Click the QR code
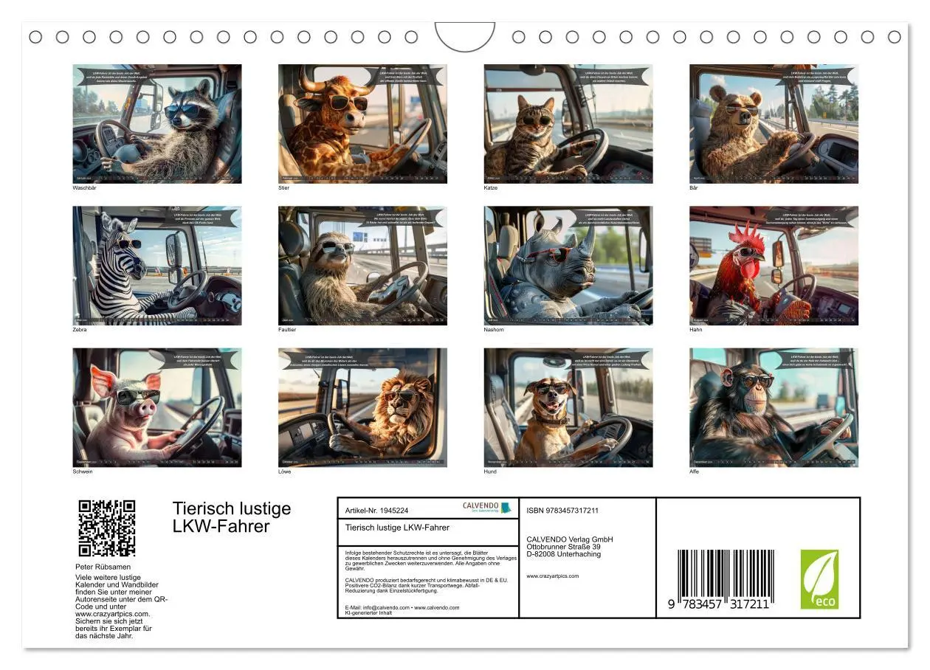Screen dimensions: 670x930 (107, 528)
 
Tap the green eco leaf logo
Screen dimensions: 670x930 (819, 579)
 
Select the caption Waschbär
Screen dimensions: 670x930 (84, 188)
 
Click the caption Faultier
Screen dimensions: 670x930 (287, 330)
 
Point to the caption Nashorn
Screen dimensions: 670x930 (494, 330)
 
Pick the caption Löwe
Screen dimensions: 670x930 (284, 472)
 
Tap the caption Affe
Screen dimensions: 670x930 (694, 472)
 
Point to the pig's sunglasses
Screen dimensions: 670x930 (138, 396)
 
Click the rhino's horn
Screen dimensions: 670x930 (588, 240)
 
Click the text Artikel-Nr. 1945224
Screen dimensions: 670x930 (376, 511)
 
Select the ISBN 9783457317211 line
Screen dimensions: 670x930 (562, 511)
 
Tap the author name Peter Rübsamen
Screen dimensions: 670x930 (103, 567)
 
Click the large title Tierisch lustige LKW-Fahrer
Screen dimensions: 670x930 (232, 517)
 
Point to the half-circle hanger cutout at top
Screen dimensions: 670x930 (465, 35)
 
